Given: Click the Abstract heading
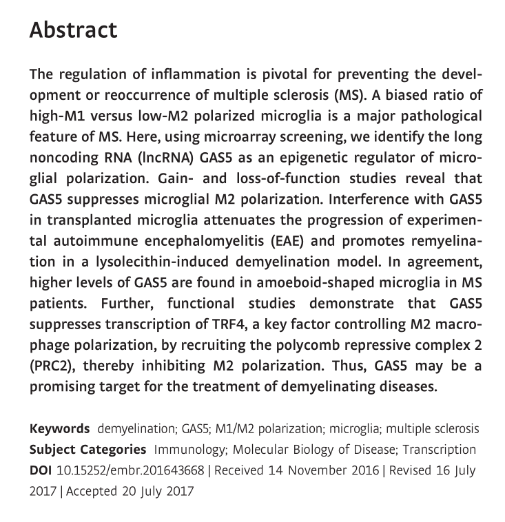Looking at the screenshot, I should point(73,31).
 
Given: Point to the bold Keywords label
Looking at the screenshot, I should point(59,428).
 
